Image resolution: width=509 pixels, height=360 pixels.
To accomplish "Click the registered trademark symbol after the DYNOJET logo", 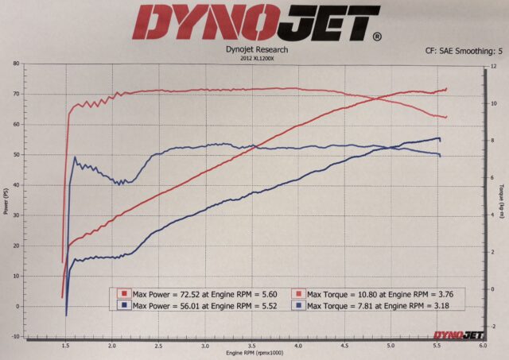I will (376, 36).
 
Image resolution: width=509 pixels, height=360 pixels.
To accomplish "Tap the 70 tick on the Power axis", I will (18, 94).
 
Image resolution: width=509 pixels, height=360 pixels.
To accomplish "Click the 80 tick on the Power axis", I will (18, 64).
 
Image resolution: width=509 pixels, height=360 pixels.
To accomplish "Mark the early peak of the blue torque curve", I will (75, 157).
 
